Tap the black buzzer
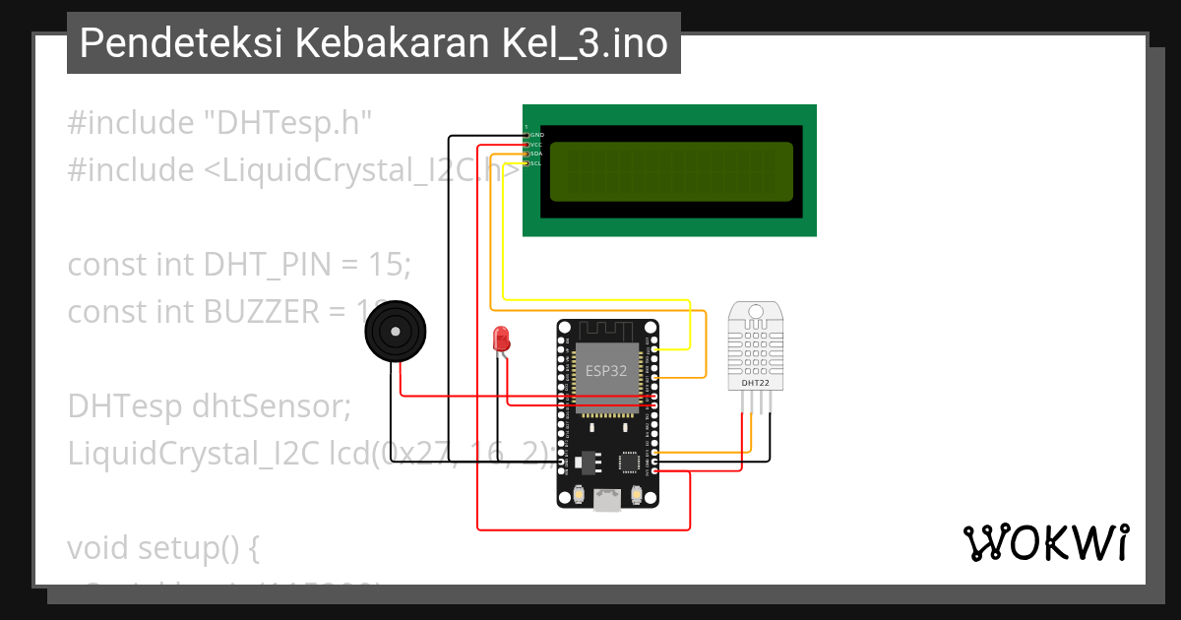tap(397, 333)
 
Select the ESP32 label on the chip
tap(606, 371)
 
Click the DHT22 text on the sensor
tap(756, 382)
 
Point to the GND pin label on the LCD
tap(537, 134)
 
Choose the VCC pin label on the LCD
tap(537, 144)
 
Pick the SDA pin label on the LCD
tap(537, 154)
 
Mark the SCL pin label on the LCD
tap(537, 163)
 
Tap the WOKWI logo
tap(1045, 542)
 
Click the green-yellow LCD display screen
tap(670, 171)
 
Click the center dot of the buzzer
tap(397, 333)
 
